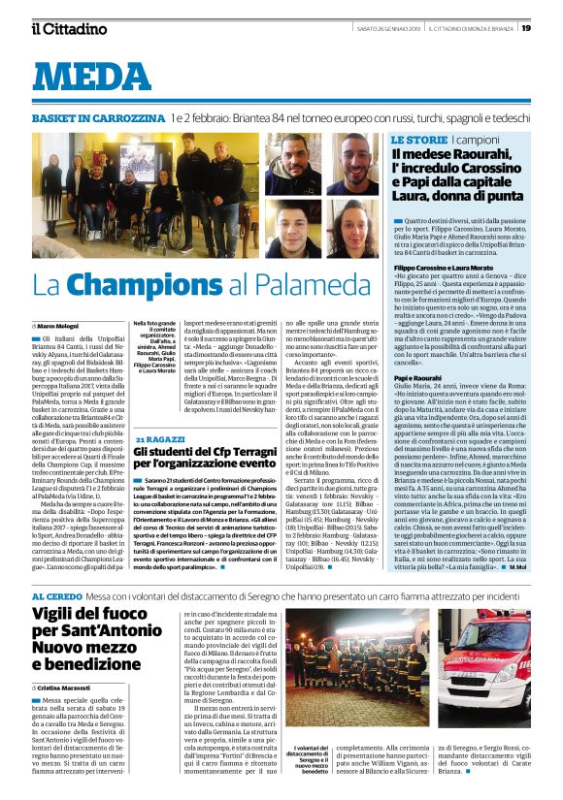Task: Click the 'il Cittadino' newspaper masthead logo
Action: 69,28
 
